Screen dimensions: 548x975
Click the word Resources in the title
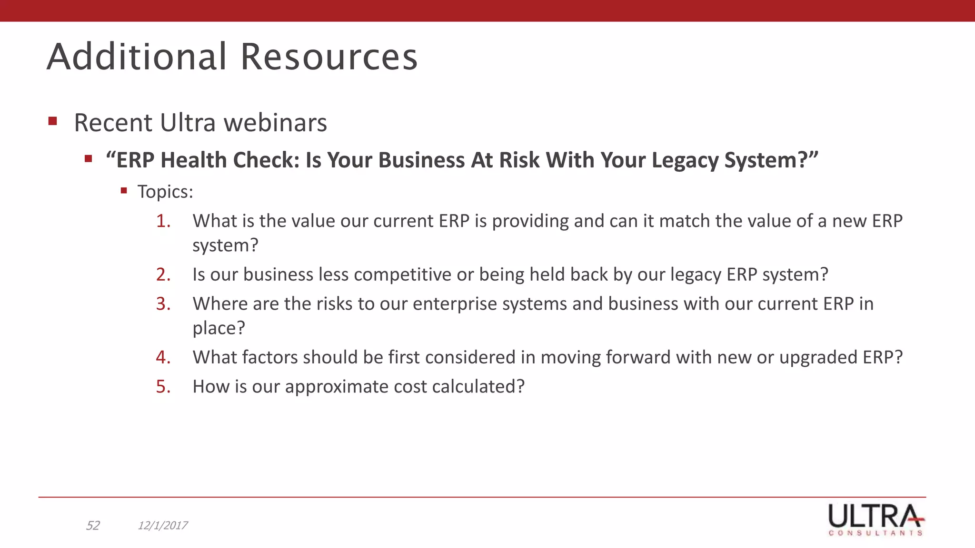[328, 57]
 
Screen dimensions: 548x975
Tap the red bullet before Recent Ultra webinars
[53, 121]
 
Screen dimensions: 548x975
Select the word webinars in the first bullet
[275, 123]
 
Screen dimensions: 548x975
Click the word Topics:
[165, 192]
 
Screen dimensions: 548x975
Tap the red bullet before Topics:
[124, 191]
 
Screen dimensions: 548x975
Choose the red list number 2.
[163, 275]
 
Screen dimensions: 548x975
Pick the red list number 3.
[163, 304]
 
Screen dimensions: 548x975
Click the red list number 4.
[163, 358]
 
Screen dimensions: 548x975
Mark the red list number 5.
[163, 387]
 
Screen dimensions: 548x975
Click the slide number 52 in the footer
[92, 526]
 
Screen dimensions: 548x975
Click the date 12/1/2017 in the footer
[162, 526]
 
